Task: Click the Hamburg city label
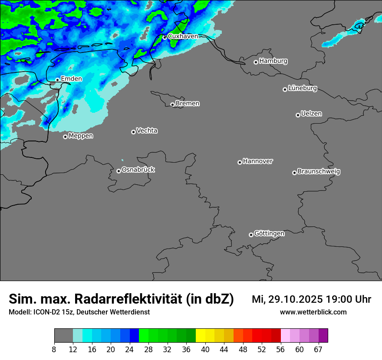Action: [273, 61]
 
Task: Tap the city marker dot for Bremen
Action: [172, 105]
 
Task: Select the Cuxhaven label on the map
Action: [183, 36]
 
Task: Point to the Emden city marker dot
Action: [57, 80]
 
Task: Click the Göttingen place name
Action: [269, 234]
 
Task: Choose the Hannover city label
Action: [258, 161]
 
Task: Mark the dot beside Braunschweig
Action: [294, 173]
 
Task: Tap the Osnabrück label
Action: [138, 170]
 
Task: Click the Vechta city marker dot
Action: [133, 132]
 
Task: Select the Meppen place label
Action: [81, 136]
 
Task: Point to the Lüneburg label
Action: [303, 88]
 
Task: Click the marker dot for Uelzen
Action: [298, 115]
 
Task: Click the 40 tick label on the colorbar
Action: [205, 350]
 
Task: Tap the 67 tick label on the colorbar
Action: [318, 350]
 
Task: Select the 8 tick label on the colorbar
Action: [54, 350]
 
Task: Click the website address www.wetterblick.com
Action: [313, 312]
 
